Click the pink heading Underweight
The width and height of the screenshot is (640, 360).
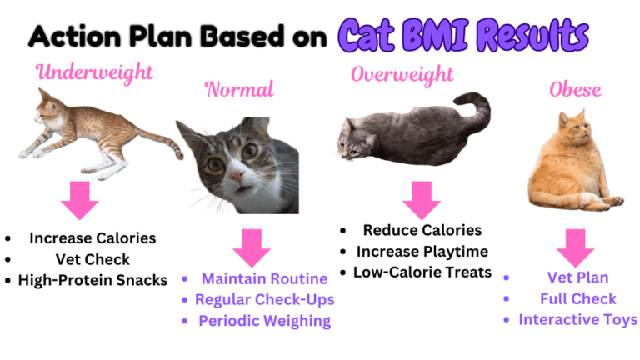click(94, 72)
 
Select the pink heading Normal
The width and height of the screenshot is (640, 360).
click(239, 89)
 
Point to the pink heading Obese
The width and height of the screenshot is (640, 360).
click(576, 89)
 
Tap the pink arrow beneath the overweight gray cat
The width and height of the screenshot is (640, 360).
click(421, 199)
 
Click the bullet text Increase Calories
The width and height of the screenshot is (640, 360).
click(92, 238)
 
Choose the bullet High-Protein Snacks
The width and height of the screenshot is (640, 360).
click(92, 280)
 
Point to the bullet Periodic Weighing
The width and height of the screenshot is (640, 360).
click(264, 321)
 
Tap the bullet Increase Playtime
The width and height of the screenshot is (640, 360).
click(422, 251)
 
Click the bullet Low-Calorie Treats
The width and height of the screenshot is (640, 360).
click(422, 272)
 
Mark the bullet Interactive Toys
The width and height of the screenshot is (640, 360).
click(577, 319)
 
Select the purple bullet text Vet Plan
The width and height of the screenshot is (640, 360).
click(577, 277)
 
